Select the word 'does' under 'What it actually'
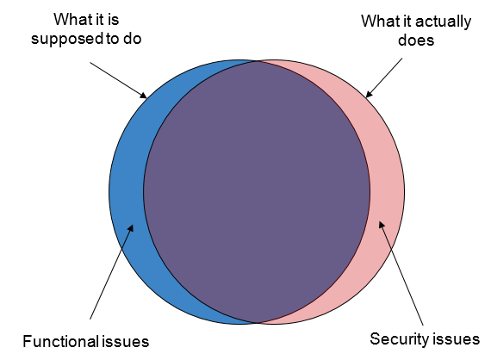click(416, 40)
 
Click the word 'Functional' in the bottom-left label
click(60, 341)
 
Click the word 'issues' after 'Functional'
click(125, 341)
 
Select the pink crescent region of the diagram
click(387, 191)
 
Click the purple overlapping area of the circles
click(257, 191)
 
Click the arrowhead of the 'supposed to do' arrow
click(143, 95)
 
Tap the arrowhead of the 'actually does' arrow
click(370, 93)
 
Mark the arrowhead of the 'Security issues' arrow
click(382, 225)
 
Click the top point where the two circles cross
click(258, 61)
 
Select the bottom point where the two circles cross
click(258, 323)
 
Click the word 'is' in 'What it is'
click(113, 20)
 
